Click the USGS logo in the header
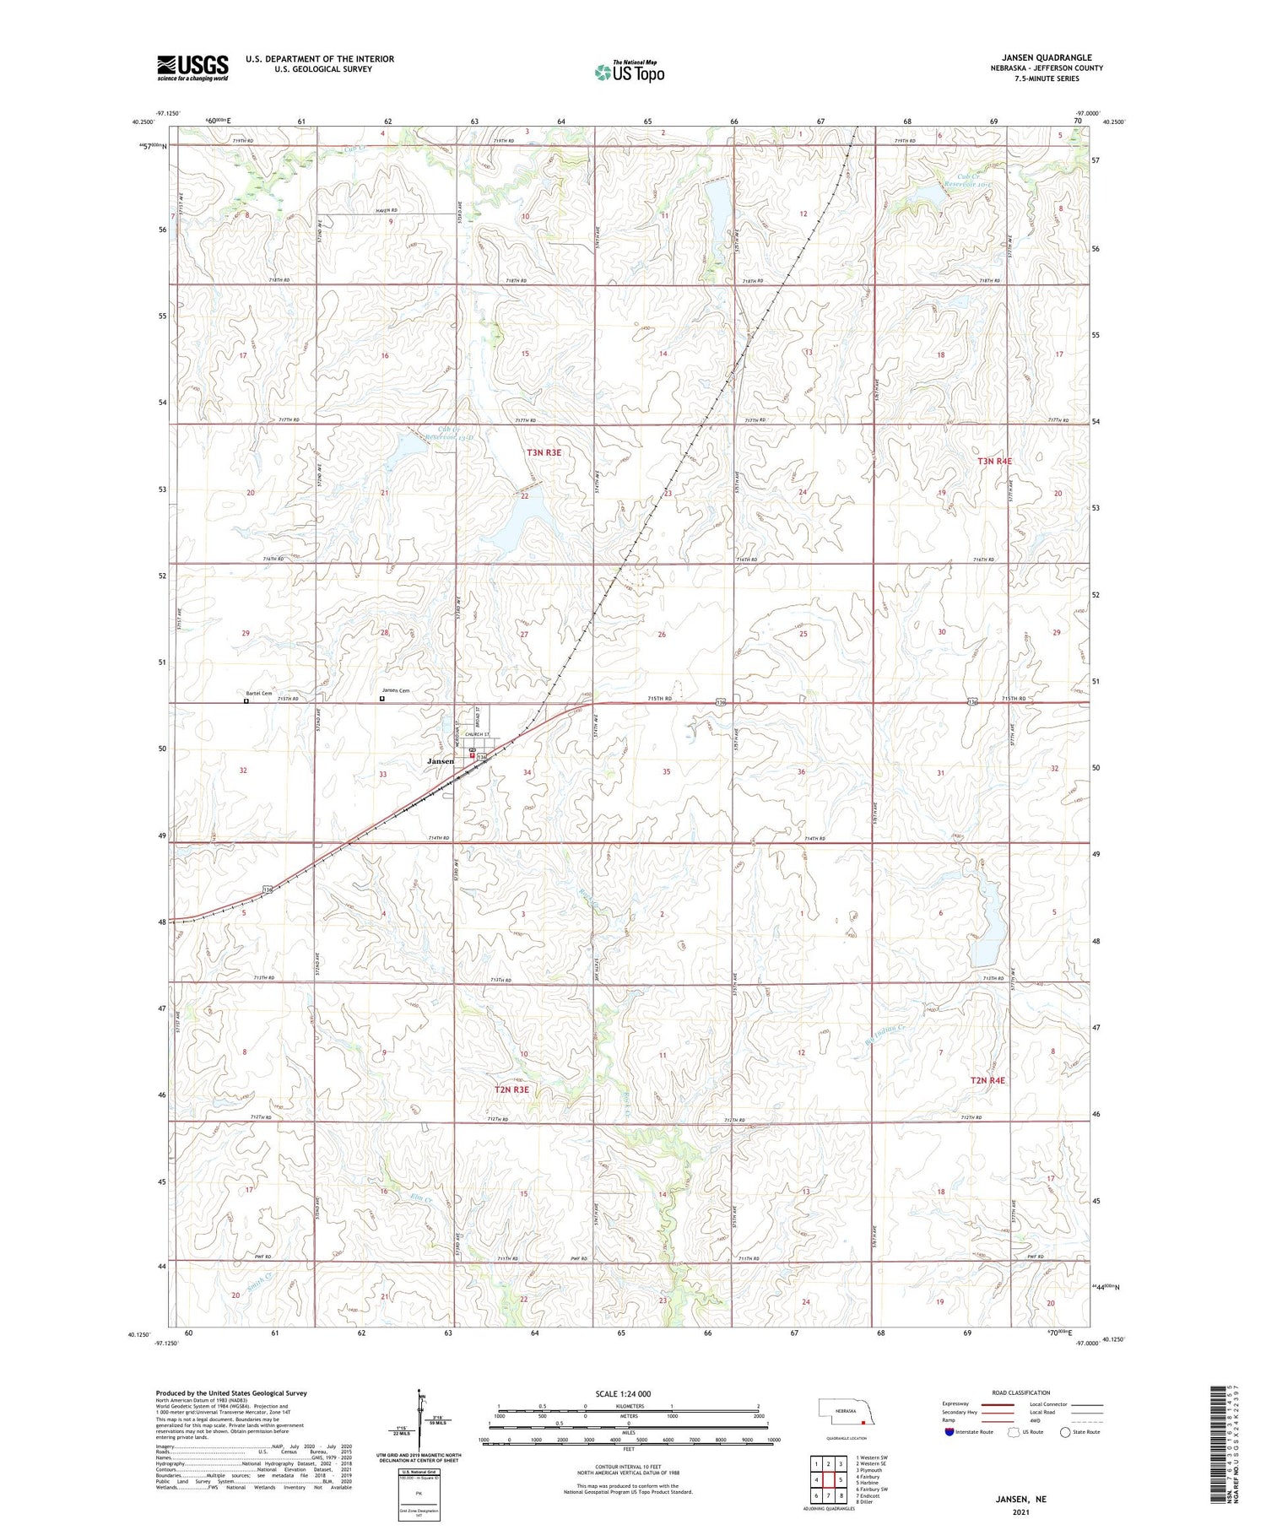click(192, 68)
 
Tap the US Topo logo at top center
click(629, 73)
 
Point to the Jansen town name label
click(441, 761)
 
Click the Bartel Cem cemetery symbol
click(246, 700)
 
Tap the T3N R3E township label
click(544, 453)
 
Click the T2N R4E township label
click(987, 1080)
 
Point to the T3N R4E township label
click(994, 462)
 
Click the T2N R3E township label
click(511, 1089)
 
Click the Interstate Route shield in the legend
click(949, 1432)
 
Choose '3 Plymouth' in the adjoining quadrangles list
click(870, 1470)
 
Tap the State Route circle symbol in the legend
click(1065, 1432)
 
